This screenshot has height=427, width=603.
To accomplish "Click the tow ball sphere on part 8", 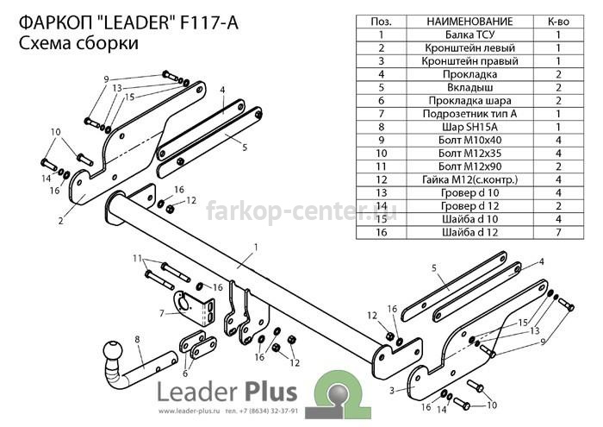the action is pyautogui.click(x=113, y=350).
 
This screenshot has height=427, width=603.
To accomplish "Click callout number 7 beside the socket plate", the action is pyautogui.click(x=162, y=313).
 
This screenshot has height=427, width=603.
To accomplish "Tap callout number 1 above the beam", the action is pyautogui.click(x=256, y=248).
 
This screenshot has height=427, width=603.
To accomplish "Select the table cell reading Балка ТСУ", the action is pyautogui.click(x=470, y=35).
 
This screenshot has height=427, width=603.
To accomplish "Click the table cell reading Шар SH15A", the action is pyautogui.click(x=470, y=127).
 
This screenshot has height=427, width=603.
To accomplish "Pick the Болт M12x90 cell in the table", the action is pyautogui.click(x=470, y=166).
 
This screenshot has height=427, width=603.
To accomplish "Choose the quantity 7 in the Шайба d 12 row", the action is pyautogui.click(x=558, y=232).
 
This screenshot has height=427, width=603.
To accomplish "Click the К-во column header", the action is pyautogui.click(x=558, y=22).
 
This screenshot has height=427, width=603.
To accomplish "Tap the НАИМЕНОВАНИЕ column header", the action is pyautogui.click(x=470, y=22).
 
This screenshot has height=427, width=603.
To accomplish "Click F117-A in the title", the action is pyautogui.click(x=209, y=22).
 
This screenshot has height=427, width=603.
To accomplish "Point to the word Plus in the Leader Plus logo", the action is pyautogui.click(x=270, y=392).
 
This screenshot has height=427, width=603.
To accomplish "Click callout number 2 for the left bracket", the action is pyautogui.click(x=61, y=221).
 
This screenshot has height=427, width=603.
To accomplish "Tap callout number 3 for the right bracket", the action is pyautogui.click(x=391, y=391).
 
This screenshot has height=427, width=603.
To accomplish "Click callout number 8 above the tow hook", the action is pyautogui.click(x=137, y=339).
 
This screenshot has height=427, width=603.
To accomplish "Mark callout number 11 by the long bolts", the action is pyautogui.click(x=137, y=258).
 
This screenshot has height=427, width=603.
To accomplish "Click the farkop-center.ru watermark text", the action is pyautogui.click(x=301, y=211).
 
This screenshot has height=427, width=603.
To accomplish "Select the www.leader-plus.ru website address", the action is pyautogui.click(x=189, y=411).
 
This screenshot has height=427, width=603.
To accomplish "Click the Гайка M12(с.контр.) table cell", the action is pyautogui.click(x=470, y=179).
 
